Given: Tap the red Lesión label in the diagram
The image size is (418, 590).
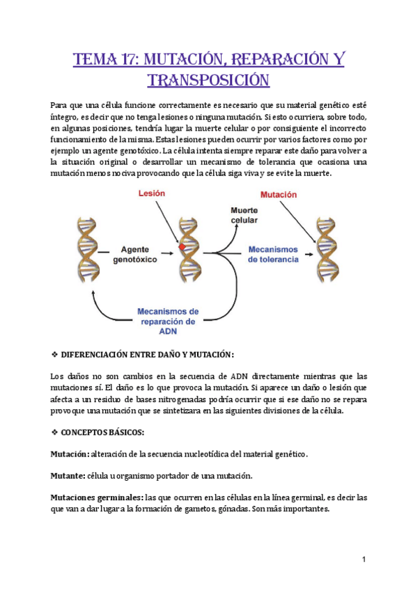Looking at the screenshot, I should coord(151,196).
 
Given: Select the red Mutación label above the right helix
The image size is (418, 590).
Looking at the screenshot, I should coord(279,196).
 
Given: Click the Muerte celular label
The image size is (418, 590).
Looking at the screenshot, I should coord(244,215).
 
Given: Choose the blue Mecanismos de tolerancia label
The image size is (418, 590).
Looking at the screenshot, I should coord(272,253).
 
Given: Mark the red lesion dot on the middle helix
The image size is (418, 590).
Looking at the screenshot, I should coord(182,246).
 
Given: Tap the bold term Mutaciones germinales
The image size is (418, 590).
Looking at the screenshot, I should coord(96,497).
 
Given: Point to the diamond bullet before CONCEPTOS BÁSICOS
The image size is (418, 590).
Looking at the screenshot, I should coord(55,432).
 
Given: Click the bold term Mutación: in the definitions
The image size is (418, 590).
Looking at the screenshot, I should coord(70,454).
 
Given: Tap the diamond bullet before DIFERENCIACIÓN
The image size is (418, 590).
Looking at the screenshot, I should coord(55,356).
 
